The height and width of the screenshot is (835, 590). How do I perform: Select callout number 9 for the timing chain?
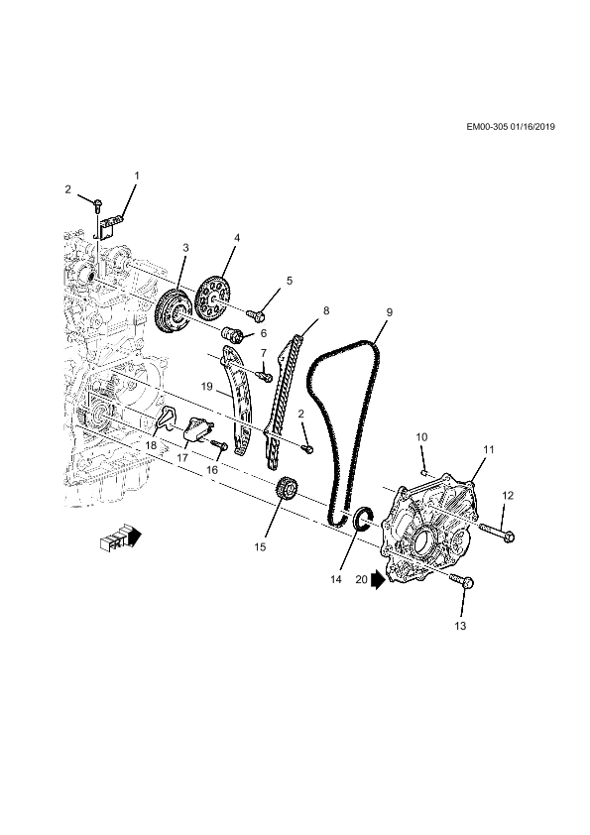pyautogui.click(x=390, y=312)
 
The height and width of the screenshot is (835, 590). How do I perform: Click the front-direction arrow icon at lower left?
pyautogui.click(x=121, y=537)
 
